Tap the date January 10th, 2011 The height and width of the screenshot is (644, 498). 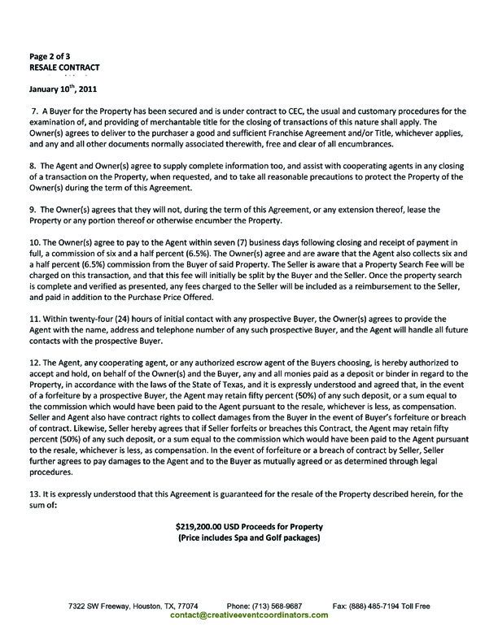[x=63, y=89]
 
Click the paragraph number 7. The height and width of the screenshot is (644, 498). [x=34, y=110]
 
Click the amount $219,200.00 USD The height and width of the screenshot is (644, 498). [x=213, y=525]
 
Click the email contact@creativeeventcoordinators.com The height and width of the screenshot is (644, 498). [x=249, y=616]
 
